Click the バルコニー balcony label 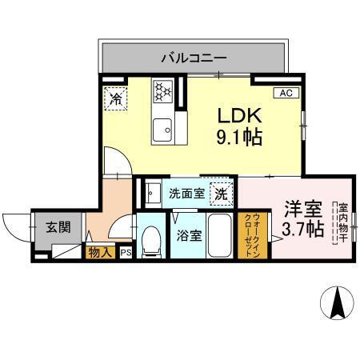point(194,58)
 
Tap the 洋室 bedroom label point(302,210)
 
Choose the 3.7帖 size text point(302,230)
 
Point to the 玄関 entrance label point(56,227)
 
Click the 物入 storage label point(100,253)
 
